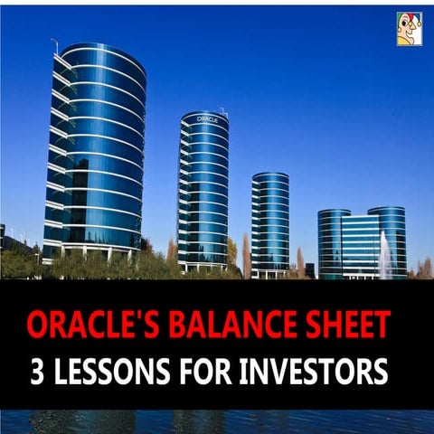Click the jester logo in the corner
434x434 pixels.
pos(410,29)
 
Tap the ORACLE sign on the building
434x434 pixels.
pos(207,119)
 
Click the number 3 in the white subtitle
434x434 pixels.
pos(37,371)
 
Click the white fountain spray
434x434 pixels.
pos(385,255)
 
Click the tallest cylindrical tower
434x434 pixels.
pos(95,151)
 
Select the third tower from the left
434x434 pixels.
pos(270,224)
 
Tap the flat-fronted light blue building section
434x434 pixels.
pos(360,246)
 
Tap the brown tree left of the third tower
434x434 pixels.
pos(247,256)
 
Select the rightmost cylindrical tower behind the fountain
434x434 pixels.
pos(388,241)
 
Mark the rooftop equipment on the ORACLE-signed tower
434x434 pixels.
pos(223,112)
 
